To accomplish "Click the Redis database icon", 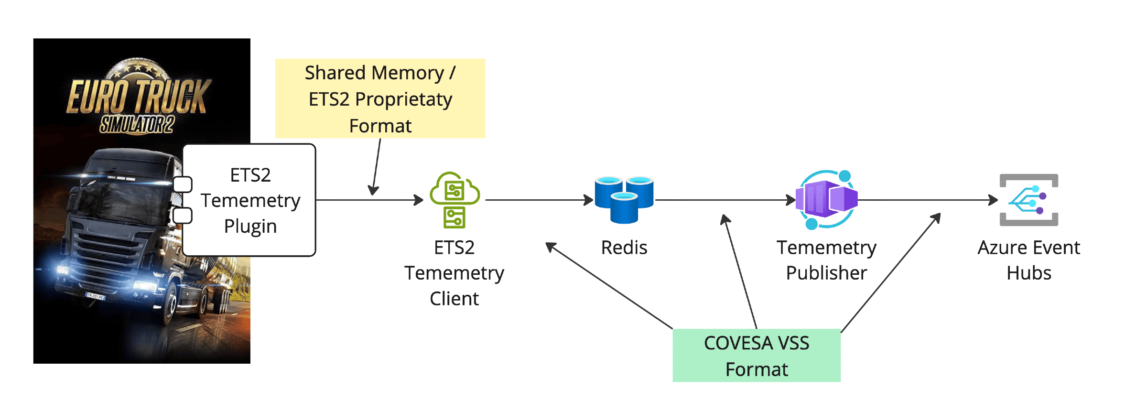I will click(x=624, y=200).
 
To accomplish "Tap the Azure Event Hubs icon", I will click(x=1028, y=200).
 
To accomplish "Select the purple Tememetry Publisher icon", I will click(x=827, y=199).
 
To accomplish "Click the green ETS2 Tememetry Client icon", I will click(x=454, y=200).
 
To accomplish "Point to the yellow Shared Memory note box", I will click(x=380, y=98).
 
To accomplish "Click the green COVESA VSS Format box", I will click(x=756, y=356).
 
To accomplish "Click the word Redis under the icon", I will click(x=624, y=248).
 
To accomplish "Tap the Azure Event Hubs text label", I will click(x=1028, y=260).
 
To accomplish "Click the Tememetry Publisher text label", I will click(x=826, y=260).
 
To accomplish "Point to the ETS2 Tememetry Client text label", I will click(x=454, y=273).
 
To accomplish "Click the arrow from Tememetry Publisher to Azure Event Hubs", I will click(x=927, y=200).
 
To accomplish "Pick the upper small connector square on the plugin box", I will click(x=183, y=184).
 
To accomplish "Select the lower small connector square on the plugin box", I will click(x=183, y=216).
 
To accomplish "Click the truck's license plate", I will click(x=95, y=296).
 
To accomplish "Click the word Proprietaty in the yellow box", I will click(x=403, y=99).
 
